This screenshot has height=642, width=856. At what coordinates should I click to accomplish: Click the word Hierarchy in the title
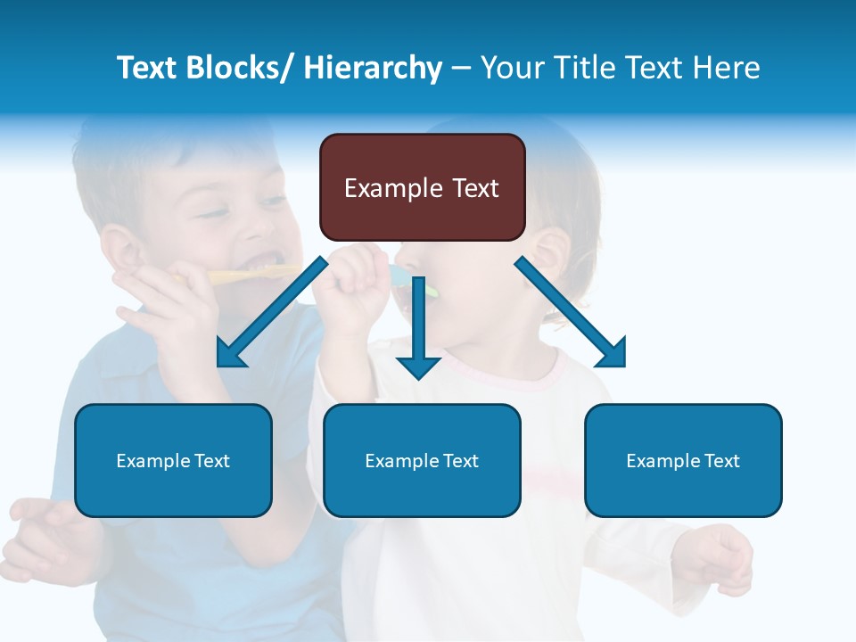(x=373, y=68)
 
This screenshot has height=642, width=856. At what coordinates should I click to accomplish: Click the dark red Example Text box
(x=422, y=187)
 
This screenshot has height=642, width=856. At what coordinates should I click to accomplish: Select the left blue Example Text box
(x=173, y=460)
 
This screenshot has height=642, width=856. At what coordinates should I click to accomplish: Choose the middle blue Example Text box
(x=422, y=460)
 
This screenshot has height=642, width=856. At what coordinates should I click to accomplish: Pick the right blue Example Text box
(x=683, y=460)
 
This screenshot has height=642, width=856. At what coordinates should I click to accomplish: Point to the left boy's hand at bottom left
(x=40, y=535)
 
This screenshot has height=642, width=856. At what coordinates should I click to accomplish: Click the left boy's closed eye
(x=214, y=214)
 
